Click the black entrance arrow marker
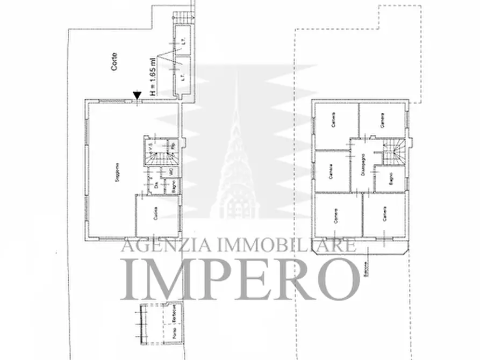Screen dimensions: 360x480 [137, 96]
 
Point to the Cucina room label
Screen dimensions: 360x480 [155, 217]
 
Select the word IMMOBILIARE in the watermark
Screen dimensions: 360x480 [286, 246]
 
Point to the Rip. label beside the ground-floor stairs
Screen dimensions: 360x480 [173, 146]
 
